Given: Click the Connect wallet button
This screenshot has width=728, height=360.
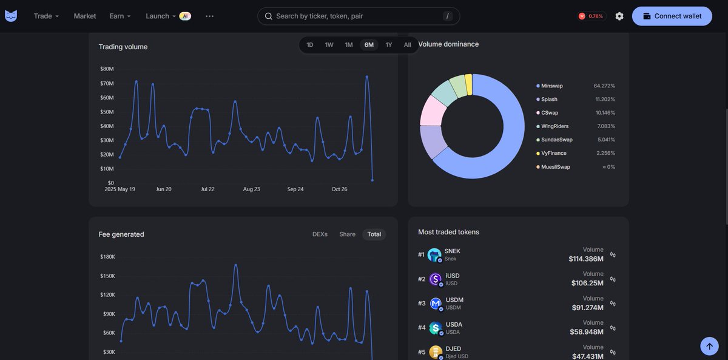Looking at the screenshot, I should click(x=672, y=16).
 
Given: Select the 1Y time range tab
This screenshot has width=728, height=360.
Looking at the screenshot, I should click(x=389, y=45).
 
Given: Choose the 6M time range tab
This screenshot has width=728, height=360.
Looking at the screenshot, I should click(x=369, y=45).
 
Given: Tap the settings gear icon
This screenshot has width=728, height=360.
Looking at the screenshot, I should click(x=619, y=16).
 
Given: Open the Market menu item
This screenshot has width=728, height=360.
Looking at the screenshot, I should click(x=85, y=16).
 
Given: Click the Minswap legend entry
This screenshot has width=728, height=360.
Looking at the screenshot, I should click(x=552, y=86).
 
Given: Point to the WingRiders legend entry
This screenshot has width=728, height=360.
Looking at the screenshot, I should click(x=554, y=126).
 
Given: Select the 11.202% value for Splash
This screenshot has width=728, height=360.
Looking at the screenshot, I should click(x=604, y=100).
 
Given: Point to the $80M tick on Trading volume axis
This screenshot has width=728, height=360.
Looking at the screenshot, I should click(x=107, y=69).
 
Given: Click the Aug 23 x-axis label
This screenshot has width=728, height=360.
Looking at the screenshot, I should click(x=251, y=189).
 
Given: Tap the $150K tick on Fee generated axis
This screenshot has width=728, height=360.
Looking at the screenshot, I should click(x=107, y=276).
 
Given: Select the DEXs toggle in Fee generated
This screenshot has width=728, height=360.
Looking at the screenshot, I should click(x=320, y=234).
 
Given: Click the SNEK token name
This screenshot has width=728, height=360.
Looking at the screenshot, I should click(x=453, y=251).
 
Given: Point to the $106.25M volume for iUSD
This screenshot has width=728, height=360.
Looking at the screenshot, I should click(x=587, y=283).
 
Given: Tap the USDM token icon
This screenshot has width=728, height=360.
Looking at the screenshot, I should click(x=436, y=303).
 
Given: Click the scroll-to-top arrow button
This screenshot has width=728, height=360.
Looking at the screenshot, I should click(x=709, y=346).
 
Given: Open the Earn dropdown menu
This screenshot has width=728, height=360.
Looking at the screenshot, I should click(x=120, y=16).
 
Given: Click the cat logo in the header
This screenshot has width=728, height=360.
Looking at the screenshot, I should click(x=11, y=16).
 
